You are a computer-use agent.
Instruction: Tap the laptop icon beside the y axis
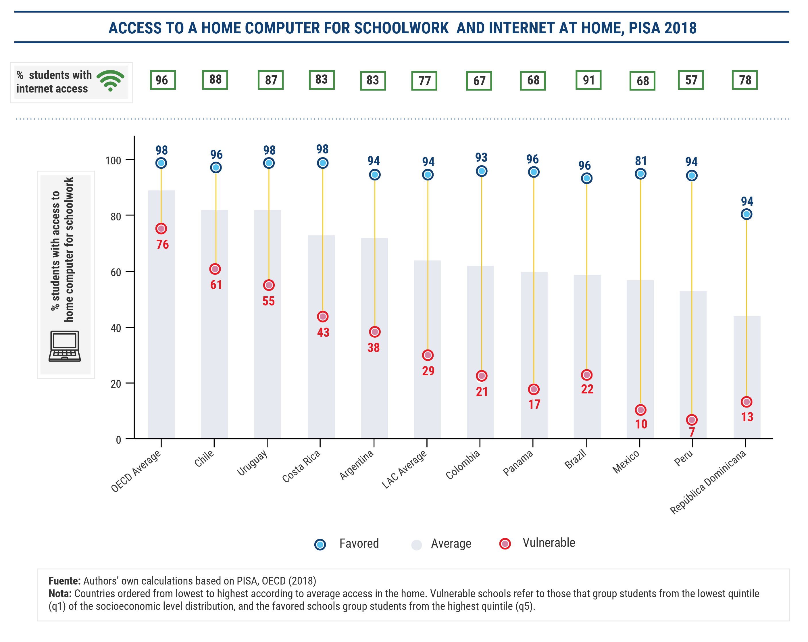[64, 346]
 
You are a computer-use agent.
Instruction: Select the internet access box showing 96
[163, 80]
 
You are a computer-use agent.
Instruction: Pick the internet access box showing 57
[691, 80]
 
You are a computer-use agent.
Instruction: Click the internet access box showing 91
[588, 80]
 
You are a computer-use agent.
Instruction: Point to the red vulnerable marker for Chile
[215, 269]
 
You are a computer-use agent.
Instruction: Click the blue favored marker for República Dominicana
[746, 214]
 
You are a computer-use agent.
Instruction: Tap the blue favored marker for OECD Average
[161, 163]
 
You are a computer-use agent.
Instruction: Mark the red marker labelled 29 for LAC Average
[428, 355]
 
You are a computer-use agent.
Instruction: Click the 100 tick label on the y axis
[113, 161]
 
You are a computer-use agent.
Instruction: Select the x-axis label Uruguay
[252, 463]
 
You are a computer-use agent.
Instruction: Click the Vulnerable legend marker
[505, 543]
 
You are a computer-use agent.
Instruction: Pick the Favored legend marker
[320, 544]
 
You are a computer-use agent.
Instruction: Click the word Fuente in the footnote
[64, 581]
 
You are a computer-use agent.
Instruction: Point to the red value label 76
[163, 245]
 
